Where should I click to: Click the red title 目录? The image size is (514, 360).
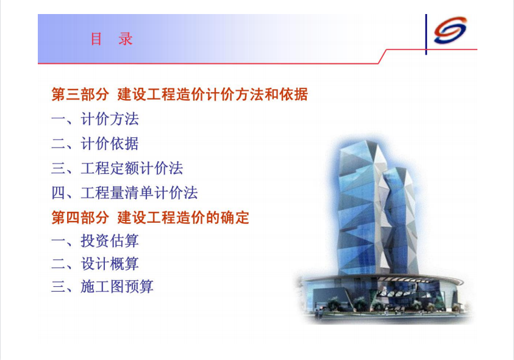click(x=112, y=39)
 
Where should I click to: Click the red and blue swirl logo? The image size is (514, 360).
click(x=450, y=30)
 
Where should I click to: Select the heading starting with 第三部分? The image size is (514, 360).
click(x=180, y=95)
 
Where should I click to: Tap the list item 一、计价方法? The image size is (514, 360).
click(x=95, y=119)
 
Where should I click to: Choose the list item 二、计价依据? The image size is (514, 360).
click(x=95, y=143)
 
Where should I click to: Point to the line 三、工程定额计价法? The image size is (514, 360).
click(x=117, y=168)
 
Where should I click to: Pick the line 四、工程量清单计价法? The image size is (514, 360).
click(x=124, y=193)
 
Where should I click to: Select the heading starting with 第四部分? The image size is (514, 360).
click(x=150, y=217)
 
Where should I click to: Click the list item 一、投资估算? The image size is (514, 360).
click(x=95, y=240)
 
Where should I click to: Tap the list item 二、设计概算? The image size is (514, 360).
click(x=95, y=264)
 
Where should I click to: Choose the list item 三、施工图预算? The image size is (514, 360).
click(x=102, y=287)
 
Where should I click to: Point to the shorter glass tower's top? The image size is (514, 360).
click(x=397, y=169)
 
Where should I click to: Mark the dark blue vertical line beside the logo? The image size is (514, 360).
click(x=426, y=34)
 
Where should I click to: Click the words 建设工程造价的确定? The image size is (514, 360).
click(x=184, y=217)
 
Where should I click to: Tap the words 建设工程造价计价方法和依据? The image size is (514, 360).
click(x=213, y=95)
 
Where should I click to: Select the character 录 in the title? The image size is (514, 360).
click(x=126, y=39)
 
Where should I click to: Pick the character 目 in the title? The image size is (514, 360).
click(x=96, y=39)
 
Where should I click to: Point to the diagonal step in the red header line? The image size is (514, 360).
click(x=382, y=57)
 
